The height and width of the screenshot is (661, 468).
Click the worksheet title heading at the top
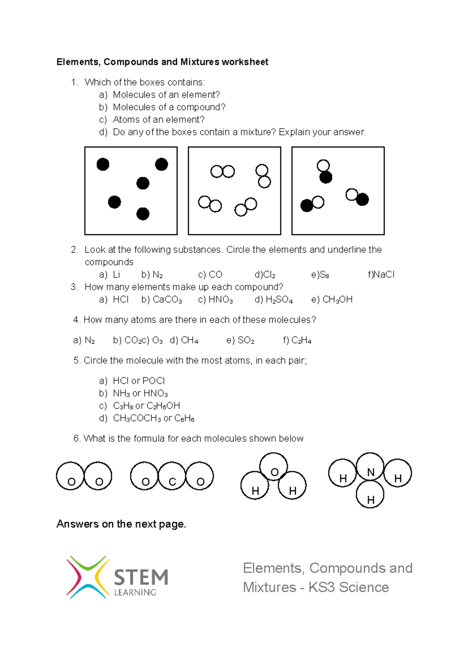pos(162,62)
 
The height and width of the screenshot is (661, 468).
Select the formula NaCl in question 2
pos(384,275)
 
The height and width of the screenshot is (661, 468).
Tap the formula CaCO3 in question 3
pos(167,300)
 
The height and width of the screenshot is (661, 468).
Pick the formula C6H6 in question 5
pos(184,419)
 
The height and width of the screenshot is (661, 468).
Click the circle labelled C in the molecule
pos(172,476)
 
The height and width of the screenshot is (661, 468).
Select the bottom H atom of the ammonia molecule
pos(370,494)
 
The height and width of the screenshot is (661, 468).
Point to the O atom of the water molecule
pos(274,467)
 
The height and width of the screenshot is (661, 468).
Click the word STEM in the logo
pos(141,577)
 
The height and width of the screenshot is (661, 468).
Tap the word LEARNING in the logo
pos(135,592)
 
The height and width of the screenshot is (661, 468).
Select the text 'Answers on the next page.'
pos(121,524)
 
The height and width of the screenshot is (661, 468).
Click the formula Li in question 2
pos(116,275)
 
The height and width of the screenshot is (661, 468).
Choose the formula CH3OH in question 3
pos(337,300)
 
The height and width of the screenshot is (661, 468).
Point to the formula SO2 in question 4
pos(246,341)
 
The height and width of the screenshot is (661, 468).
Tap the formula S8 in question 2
pos(324,275)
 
